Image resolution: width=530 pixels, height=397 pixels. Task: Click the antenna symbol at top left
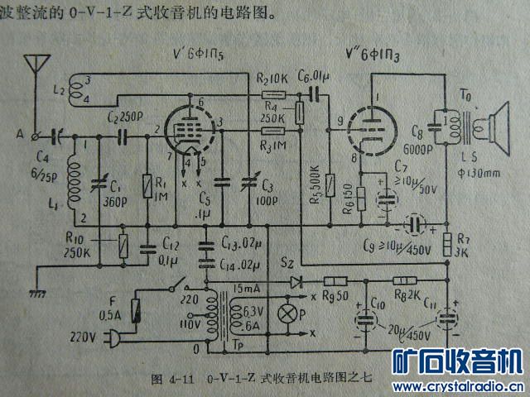click(x=36, y=66)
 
